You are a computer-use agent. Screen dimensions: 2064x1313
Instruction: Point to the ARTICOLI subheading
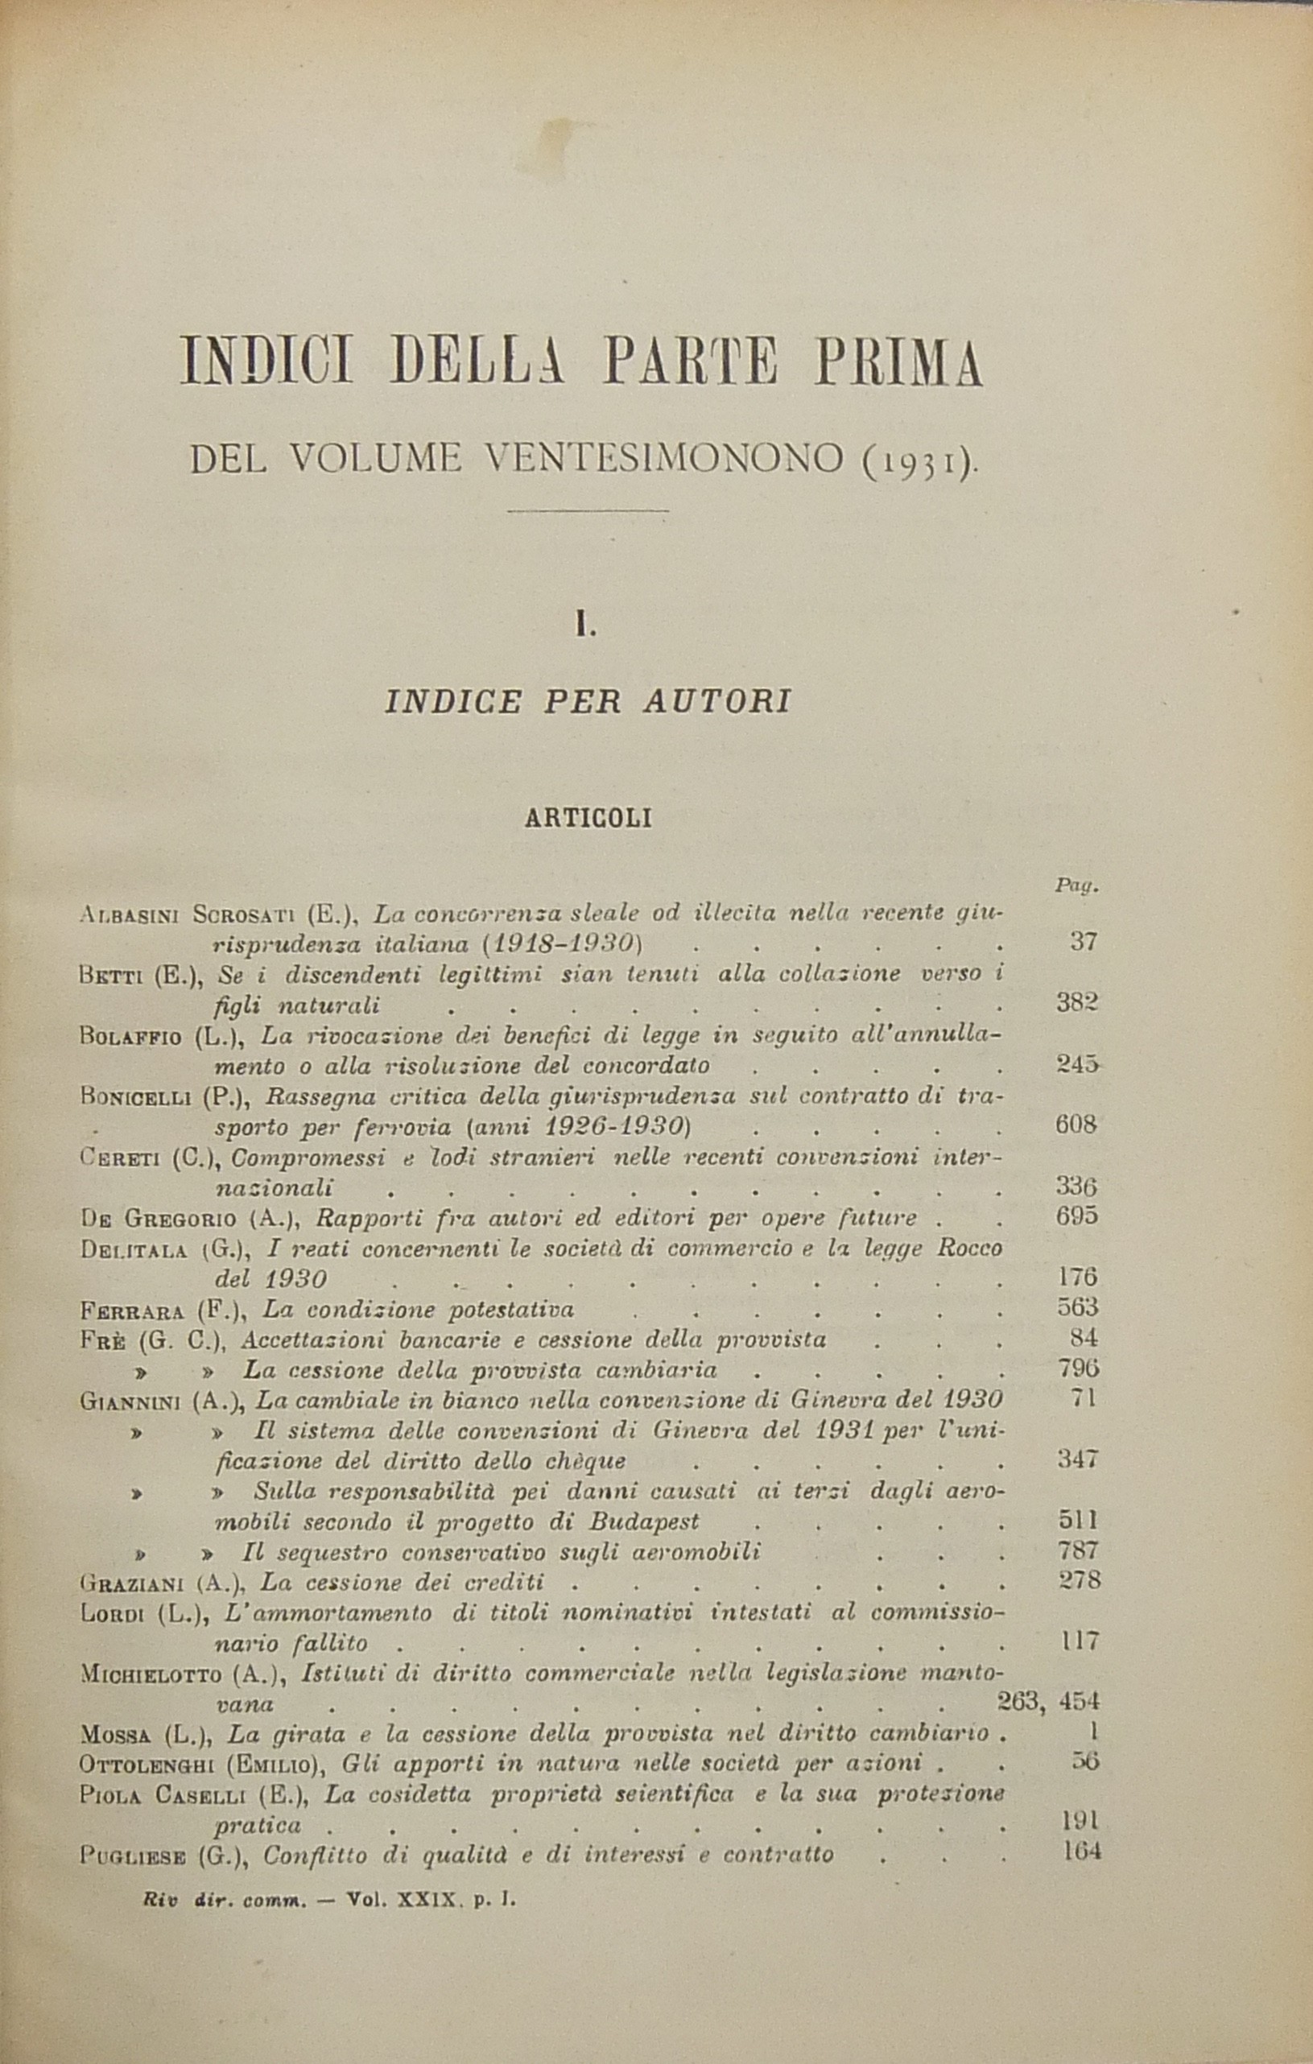tap(588, 819)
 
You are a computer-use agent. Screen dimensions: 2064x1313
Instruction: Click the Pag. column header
tap(1076, 886)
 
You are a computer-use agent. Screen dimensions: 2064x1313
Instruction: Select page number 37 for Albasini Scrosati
tap(1084, 942)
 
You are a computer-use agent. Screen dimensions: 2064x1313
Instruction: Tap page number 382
tap(1076, 1003)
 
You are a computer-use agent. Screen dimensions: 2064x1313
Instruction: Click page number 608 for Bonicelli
tap(1076, 1125)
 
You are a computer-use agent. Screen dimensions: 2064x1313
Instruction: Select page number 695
tap(1076, 1217)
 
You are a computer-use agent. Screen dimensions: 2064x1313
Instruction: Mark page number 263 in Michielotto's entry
tap(1018, 1701)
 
